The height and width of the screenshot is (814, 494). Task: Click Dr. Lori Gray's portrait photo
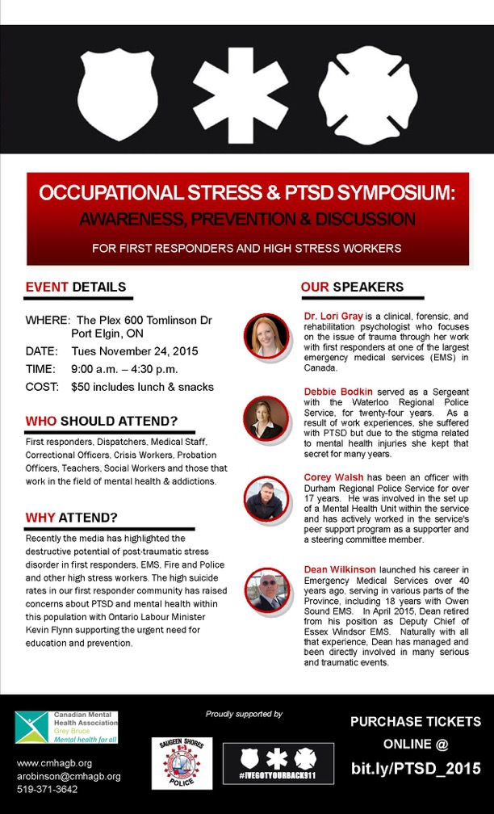(267, 334)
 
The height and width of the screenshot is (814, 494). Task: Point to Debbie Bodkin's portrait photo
(266, 417)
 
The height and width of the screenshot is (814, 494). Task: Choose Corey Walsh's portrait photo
(266, 501)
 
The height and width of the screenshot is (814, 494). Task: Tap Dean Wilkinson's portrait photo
(267, 590)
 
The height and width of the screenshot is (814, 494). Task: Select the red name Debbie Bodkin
(338, 391)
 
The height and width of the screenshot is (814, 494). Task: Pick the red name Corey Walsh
(333, 477)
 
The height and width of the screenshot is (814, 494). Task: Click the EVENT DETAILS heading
(76, 287)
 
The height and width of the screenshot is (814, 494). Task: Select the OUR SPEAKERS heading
(352, 287)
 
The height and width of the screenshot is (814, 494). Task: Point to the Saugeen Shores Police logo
(182, 763)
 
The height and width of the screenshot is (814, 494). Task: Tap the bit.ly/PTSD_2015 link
(415, 768)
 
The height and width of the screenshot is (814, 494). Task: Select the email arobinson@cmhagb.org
(69, 776)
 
